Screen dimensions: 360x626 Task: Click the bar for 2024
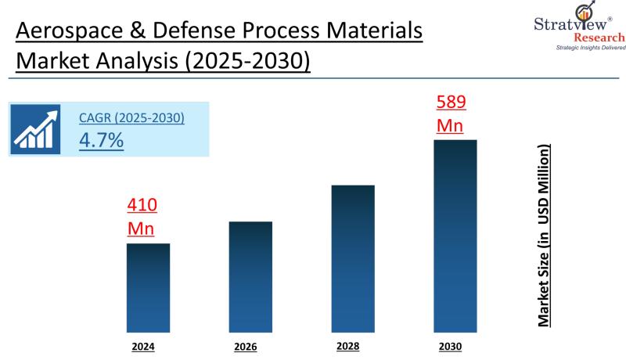point(148,287)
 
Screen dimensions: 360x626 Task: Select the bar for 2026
point(250,276)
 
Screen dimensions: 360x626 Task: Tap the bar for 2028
point(353,258)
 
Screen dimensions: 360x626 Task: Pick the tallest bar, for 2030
point(455,236)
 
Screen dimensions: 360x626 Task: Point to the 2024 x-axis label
point(143,344)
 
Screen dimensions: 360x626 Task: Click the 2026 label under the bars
point(245,346)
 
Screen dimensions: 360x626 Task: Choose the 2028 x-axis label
point(348,344)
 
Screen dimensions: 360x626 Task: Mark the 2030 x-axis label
point(450,344)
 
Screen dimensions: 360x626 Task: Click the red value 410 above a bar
point(142,206)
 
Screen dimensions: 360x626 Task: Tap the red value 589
point(450,103)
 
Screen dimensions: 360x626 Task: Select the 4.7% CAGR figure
point(102,141)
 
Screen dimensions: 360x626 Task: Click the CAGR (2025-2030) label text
point(131,118)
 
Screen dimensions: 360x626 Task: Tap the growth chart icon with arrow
point(35,128)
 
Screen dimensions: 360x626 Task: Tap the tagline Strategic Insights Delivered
point(579,49)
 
